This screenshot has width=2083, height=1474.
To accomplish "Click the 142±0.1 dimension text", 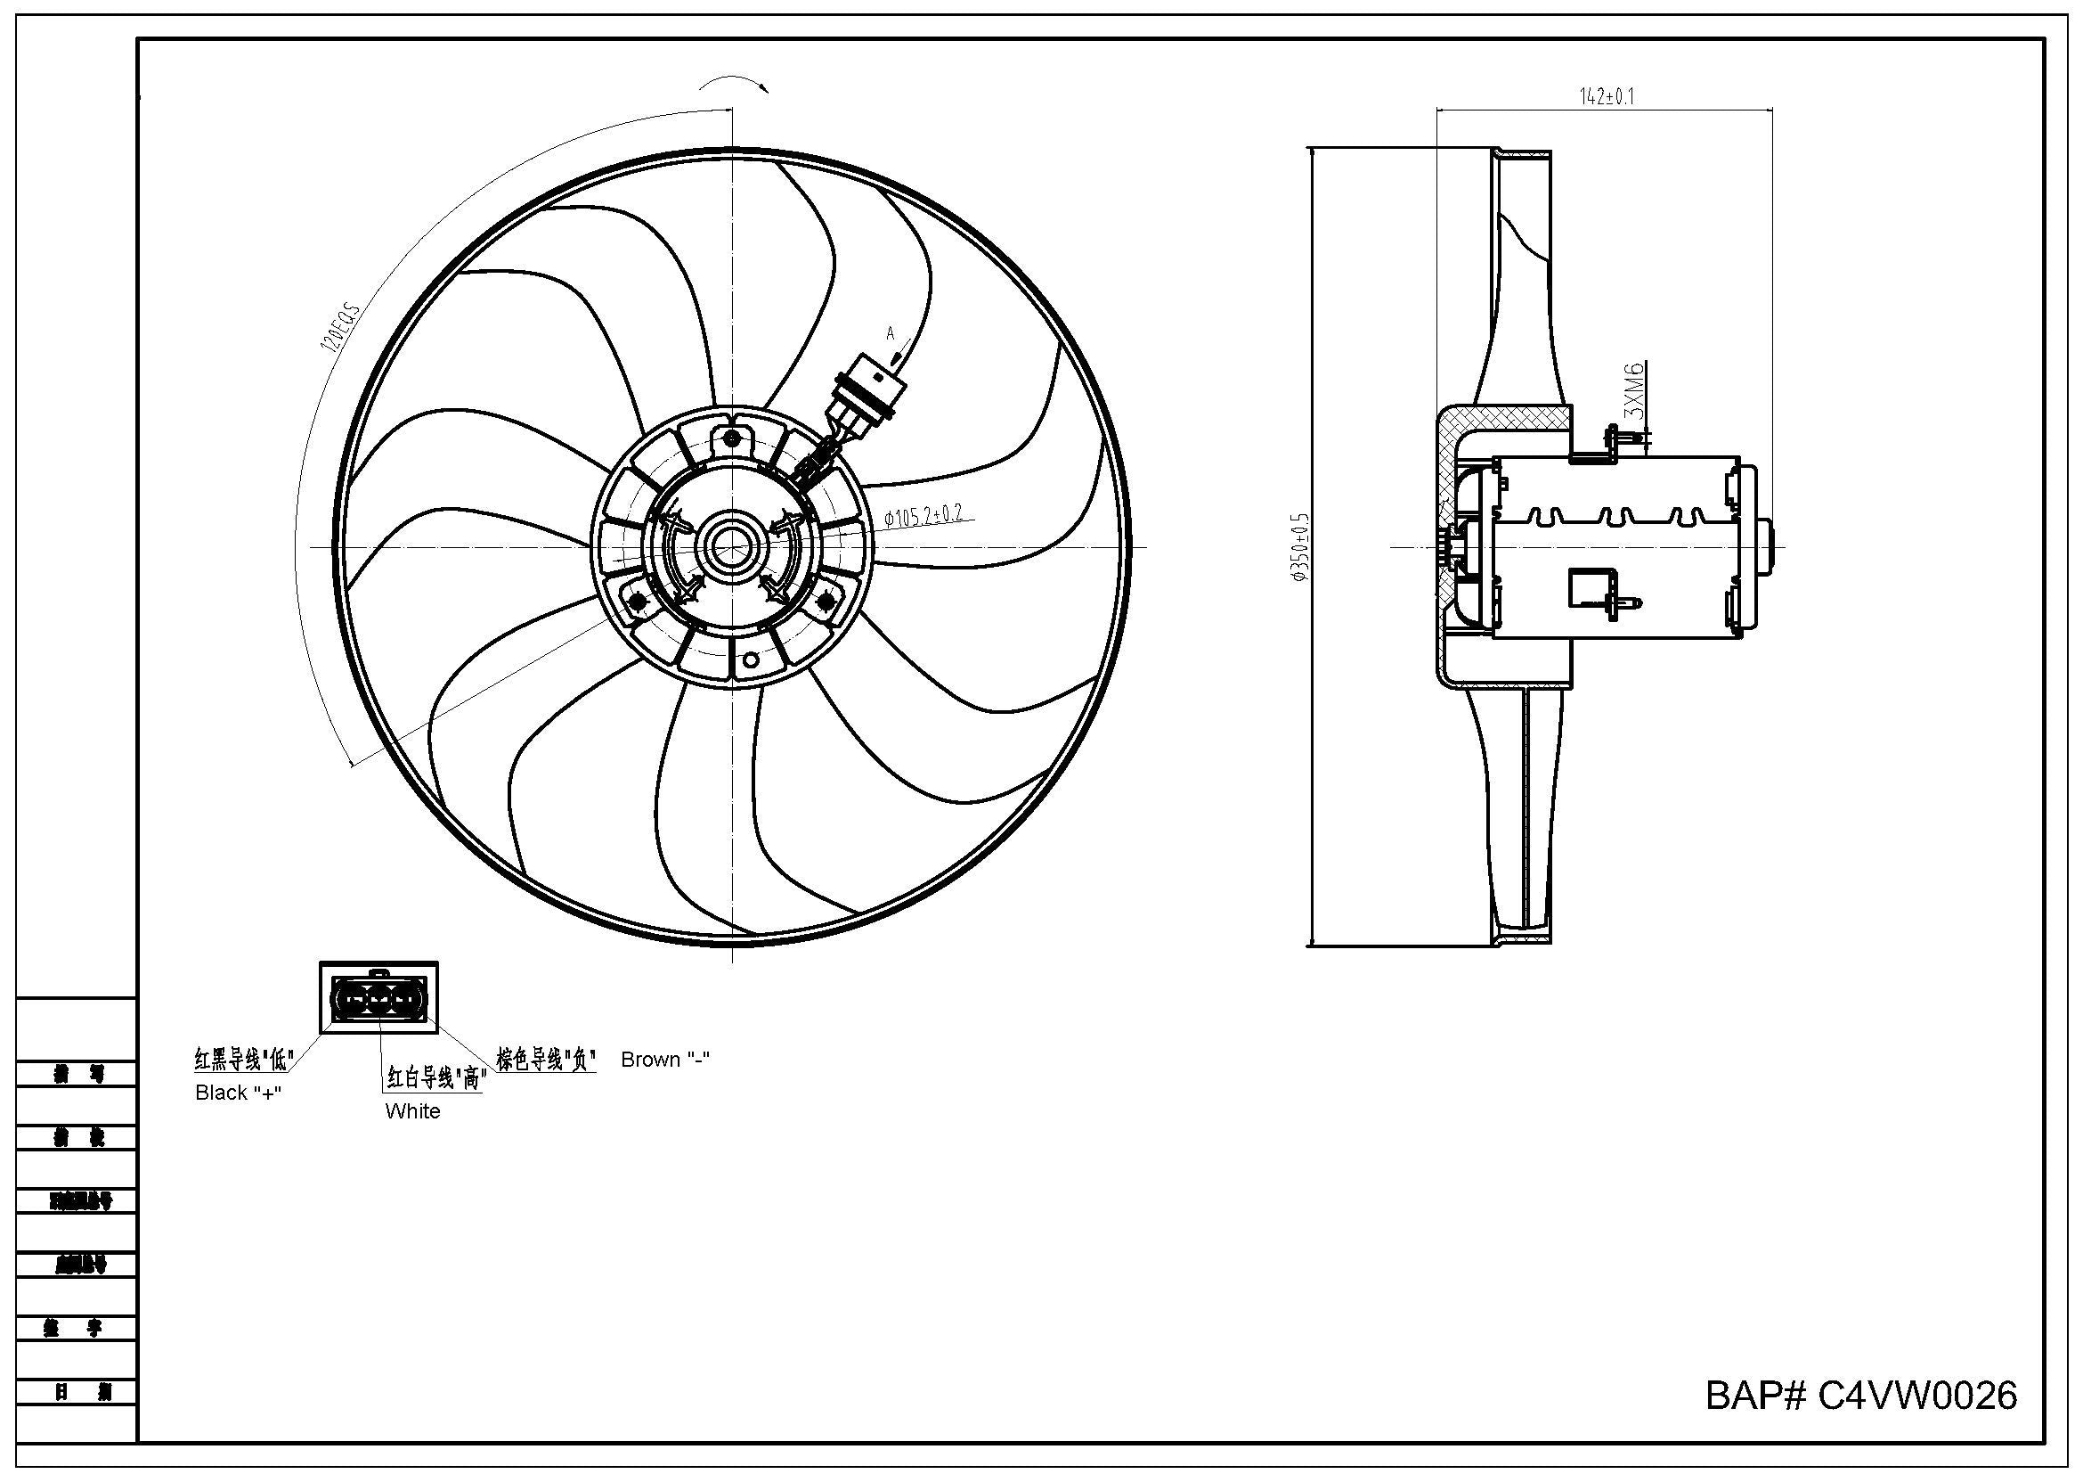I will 1607,96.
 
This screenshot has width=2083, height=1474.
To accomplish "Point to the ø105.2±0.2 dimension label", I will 924,517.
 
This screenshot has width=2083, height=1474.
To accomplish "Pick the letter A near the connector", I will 890,333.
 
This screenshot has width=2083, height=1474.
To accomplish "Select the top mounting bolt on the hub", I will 731,440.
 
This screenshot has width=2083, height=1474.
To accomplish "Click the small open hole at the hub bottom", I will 750,659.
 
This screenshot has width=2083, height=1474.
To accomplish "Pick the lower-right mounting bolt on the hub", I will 826,601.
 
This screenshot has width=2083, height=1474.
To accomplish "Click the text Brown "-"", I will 665,1060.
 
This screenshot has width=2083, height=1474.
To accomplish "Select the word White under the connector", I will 413,1111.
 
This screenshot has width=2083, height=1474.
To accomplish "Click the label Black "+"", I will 238,1093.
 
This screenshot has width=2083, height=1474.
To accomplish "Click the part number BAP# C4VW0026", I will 1860,1395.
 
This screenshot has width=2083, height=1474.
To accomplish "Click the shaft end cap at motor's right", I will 1763,546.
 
